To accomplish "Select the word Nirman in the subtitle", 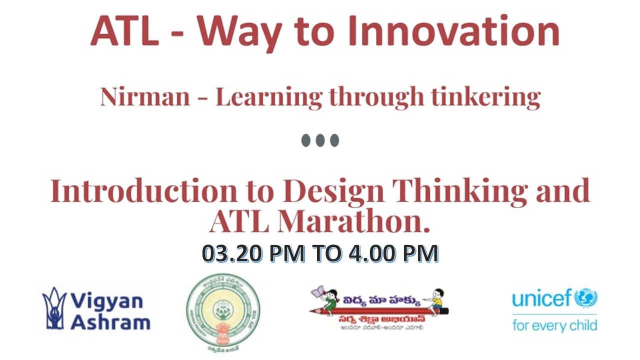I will coord(145,96).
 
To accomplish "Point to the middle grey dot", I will coord(320,140).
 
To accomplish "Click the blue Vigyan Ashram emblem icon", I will coord(54,308).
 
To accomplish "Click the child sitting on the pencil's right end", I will coord(436,298).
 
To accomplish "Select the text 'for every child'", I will coord(554,325).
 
